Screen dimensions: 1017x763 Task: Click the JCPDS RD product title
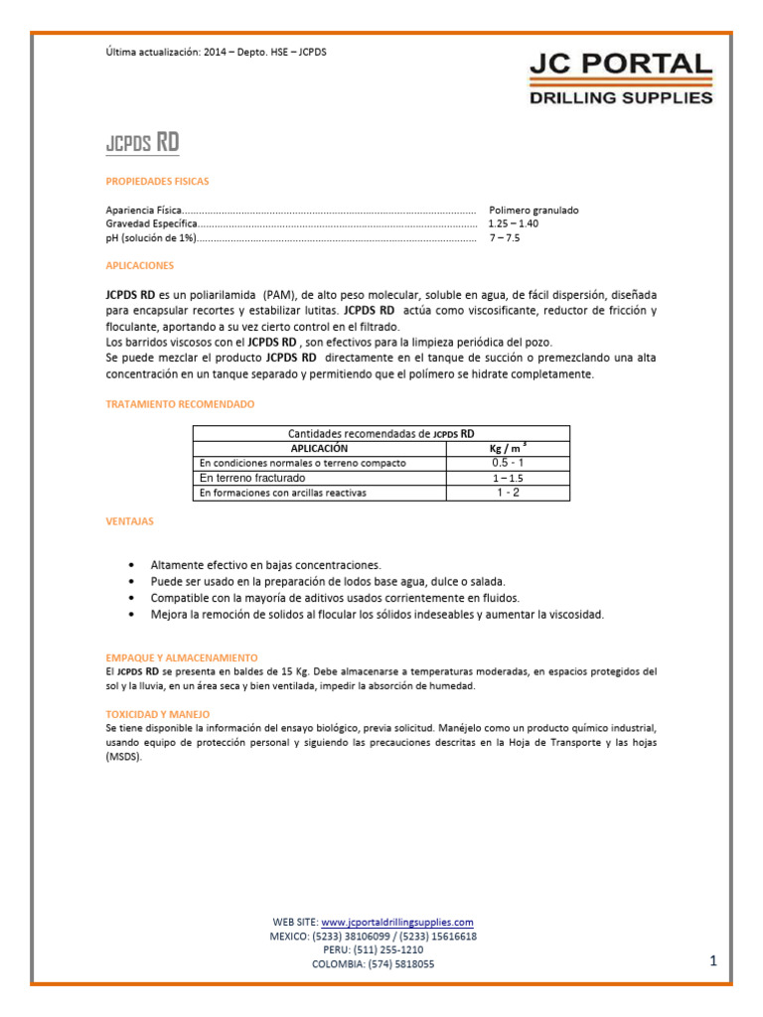[x=142, y=142]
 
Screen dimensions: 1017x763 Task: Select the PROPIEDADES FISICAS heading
[x=157, y=182]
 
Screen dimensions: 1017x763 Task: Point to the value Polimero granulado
[x=534, y=211]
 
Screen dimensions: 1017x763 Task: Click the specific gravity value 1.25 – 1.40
[x=514, y=224]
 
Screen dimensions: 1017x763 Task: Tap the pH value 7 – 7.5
[x=504, y=238]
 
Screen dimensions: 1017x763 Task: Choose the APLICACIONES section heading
[x=139, y=266]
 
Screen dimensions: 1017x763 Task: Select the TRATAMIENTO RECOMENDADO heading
[x=180, y=404]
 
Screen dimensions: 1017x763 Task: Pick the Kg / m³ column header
[x=508, y=449]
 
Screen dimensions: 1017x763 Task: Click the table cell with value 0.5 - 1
[x=508, y=463]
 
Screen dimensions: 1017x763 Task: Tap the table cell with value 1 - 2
[x=508, y=493]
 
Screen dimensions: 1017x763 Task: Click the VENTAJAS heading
[x=129, y=520]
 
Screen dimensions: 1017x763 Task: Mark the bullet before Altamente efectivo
[x=132, y=564]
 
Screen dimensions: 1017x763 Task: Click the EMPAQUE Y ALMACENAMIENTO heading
[x=181, y=657]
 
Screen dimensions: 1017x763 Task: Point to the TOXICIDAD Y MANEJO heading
[x=157, y=714]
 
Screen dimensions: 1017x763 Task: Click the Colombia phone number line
[x=373, y=964]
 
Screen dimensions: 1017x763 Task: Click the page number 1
[x=713, y=960]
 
